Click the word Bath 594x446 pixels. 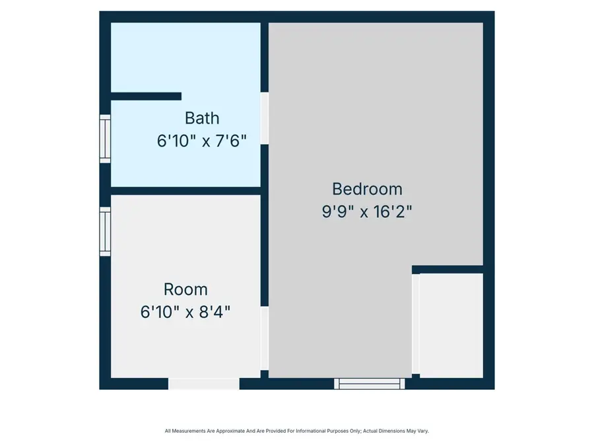point(202,118)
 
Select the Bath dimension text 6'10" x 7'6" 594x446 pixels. point(202,141)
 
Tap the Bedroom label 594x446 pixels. point(367,189)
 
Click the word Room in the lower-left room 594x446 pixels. point(185,289)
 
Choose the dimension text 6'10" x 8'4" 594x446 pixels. point(185,311)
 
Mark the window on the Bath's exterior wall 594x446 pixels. point(105,139)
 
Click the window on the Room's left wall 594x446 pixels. point(105,231)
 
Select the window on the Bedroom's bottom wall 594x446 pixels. point(369,383)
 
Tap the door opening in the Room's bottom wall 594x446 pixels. point(204,383)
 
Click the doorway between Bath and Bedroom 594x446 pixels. point(265,118)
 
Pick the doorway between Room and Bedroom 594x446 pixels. point(265,338)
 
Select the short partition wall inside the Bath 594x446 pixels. point(146,96)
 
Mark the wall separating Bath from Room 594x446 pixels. point(186,191)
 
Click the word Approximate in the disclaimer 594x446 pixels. point(228,431)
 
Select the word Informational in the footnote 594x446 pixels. point(309,431)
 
